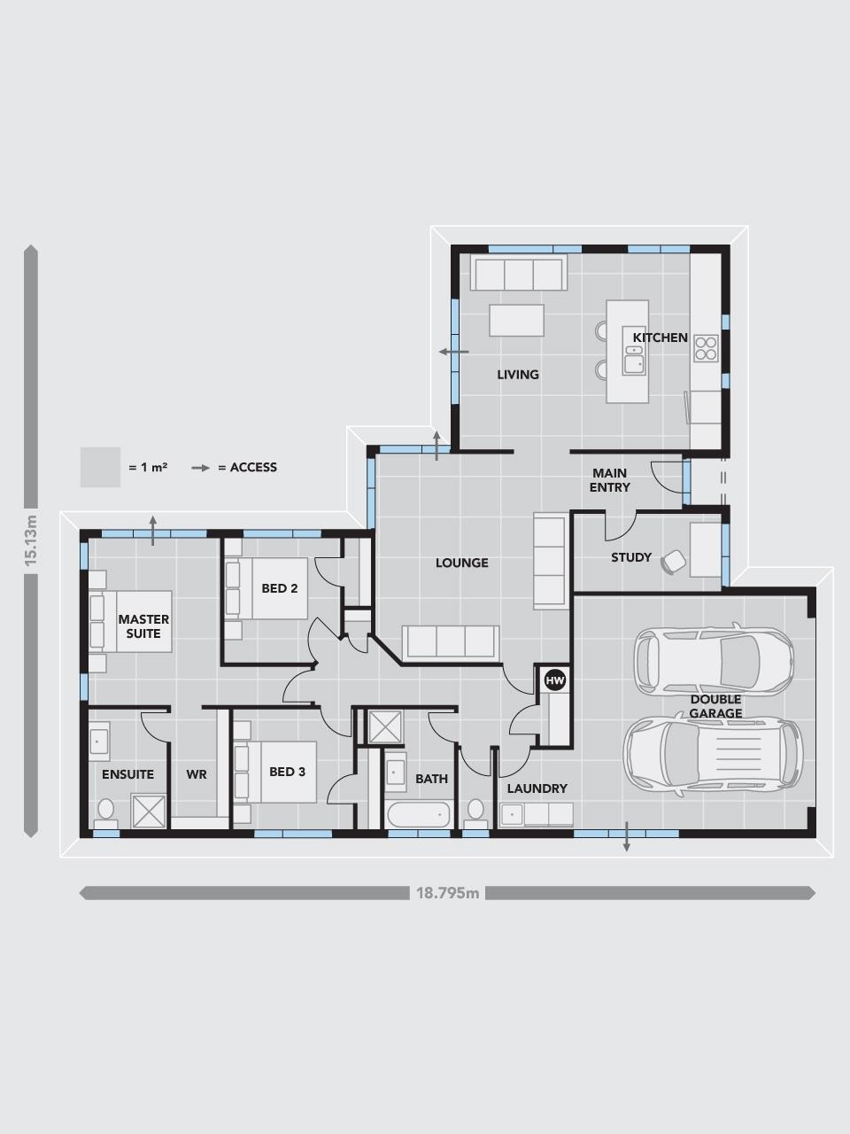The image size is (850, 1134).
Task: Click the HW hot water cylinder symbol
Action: point(555,680)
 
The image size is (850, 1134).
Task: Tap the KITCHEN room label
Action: point(660,338)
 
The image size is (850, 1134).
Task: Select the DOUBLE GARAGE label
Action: point(715,706)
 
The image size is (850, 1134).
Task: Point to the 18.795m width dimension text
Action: point(447,893)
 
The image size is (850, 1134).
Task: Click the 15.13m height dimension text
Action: point(31,540)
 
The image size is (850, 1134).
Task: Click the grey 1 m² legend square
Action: point(100,467)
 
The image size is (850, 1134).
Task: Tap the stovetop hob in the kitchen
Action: point(706,347)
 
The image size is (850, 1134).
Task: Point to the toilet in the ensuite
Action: point(106,811)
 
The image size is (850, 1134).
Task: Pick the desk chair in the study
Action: point(674,562)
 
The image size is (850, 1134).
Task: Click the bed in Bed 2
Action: point(267,588)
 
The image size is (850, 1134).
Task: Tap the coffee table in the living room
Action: point(516,320)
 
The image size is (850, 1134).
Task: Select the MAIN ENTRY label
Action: point(610,480)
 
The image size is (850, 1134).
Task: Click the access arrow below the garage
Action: point(627,837)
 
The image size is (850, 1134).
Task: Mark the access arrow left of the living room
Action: point(452,352)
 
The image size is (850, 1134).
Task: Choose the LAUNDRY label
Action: point(537,788)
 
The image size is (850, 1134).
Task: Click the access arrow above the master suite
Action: point(153,530)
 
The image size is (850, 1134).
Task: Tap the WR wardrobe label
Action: point(197,774)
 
